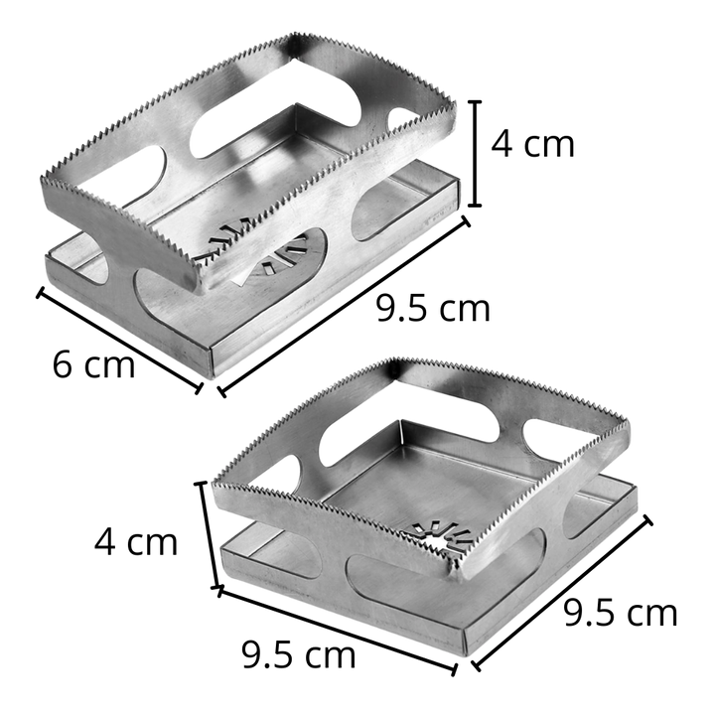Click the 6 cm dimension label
(93, 364)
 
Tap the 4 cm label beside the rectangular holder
(532, 144)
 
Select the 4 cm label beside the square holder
(135, 541)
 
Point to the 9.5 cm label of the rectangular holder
(433, 308)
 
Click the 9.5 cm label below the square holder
(299, 655)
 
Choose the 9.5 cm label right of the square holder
(621, 613)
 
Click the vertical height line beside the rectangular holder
(475, 154)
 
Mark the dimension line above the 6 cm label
(119, 341)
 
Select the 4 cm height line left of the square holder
(209, 535)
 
